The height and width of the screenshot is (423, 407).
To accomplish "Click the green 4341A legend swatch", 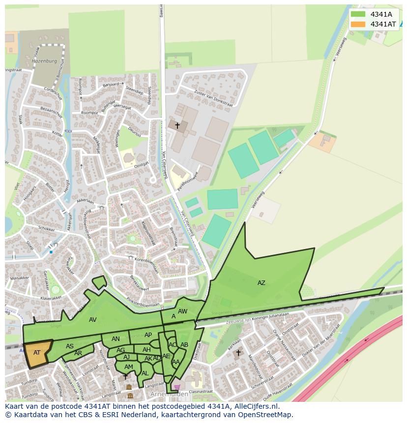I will tap(358, 14).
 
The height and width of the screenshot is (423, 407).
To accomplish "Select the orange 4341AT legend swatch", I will tap(358, 24).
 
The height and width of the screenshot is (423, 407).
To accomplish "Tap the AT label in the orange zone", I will tap(37, 353).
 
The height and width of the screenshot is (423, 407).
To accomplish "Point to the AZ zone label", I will tap(261, 282).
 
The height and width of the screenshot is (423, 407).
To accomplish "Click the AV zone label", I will tap(92, 320).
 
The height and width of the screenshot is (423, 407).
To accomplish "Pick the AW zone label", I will tap(182, 311).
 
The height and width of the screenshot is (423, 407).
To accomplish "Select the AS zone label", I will tap(70, 346).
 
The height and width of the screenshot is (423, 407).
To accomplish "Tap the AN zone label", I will tap(116, 339).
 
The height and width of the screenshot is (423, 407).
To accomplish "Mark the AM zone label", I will tap(128, 367).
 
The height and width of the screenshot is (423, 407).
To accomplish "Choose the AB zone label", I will tap(184, 345).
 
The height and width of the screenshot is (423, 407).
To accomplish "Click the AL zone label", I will tap(145, 373).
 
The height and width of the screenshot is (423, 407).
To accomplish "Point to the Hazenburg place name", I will tap(44, 61).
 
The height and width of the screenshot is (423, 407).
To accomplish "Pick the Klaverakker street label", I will tap(52, 298).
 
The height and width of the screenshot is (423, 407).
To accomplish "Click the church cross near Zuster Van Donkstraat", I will tap(177, 126).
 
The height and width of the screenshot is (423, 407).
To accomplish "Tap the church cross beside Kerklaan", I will tap(238, 352).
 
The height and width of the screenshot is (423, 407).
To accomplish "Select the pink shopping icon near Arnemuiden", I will tap(177, 387).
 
